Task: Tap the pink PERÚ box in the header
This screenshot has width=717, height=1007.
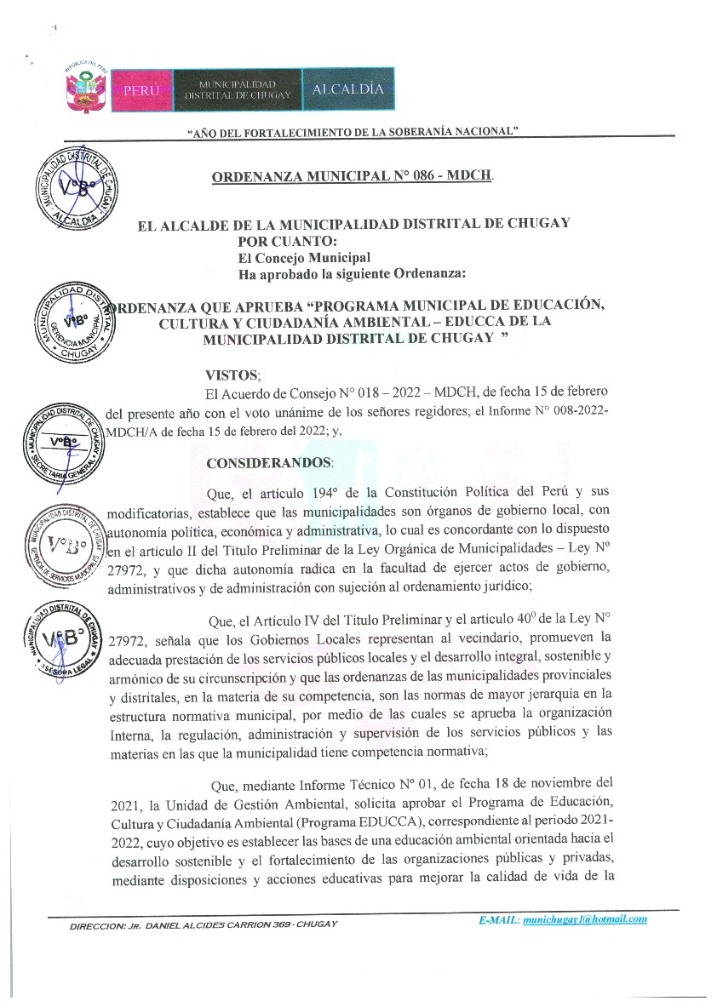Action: tap(141, 89)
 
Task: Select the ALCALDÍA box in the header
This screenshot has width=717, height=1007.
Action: tap(347, 89)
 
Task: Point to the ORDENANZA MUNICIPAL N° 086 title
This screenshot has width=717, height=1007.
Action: tap(352, 177)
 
